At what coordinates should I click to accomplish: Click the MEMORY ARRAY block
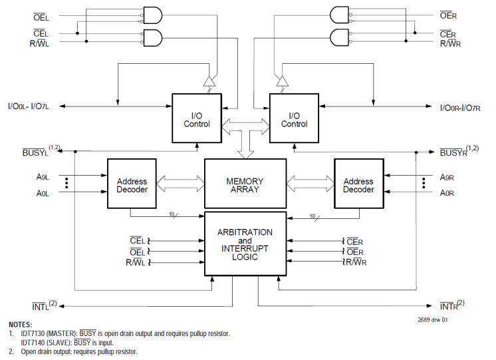(245, 185)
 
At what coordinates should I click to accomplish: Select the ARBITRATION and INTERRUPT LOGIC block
(245, 244)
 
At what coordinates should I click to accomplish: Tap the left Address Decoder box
(132, 185)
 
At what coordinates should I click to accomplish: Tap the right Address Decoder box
(358, 185)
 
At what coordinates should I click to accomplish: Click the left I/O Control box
(196, 118)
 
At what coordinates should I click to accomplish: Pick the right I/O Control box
(294, 118)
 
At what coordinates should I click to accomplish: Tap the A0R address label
(447, 192)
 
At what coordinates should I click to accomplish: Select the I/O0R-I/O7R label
(465, 106)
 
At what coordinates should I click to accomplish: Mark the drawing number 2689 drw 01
(433, 321)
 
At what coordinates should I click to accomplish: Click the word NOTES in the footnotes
(21, 324)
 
